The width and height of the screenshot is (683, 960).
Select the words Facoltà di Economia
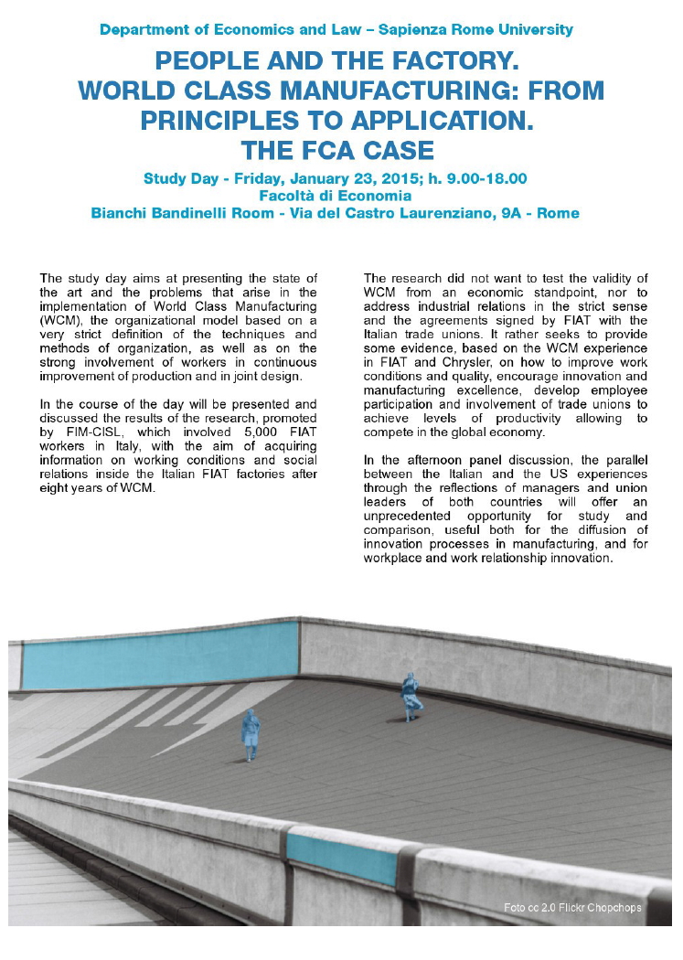(335, 196)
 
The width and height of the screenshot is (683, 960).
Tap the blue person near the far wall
(411, 695)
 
